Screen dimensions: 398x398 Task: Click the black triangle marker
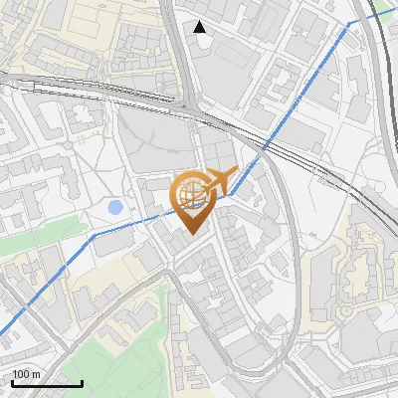pos(200,27)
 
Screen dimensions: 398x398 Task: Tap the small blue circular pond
pos(115,208)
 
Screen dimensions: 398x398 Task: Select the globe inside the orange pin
pos(191,193)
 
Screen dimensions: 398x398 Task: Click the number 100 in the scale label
pos(20,374)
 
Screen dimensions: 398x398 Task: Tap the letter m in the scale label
pos(35,374)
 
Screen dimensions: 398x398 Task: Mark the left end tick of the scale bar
pos(12,382)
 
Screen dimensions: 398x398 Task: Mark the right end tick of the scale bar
pos(82,382)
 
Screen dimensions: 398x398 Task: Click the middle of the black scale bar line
pos(47,384)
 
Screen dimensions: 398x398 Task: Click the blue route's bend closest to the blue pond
pos(95,236)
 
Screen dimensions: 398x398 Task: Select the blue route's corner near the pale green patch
pos(348,23)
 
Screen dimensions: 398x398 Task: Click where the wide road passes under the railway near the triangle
pos(190,99)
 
